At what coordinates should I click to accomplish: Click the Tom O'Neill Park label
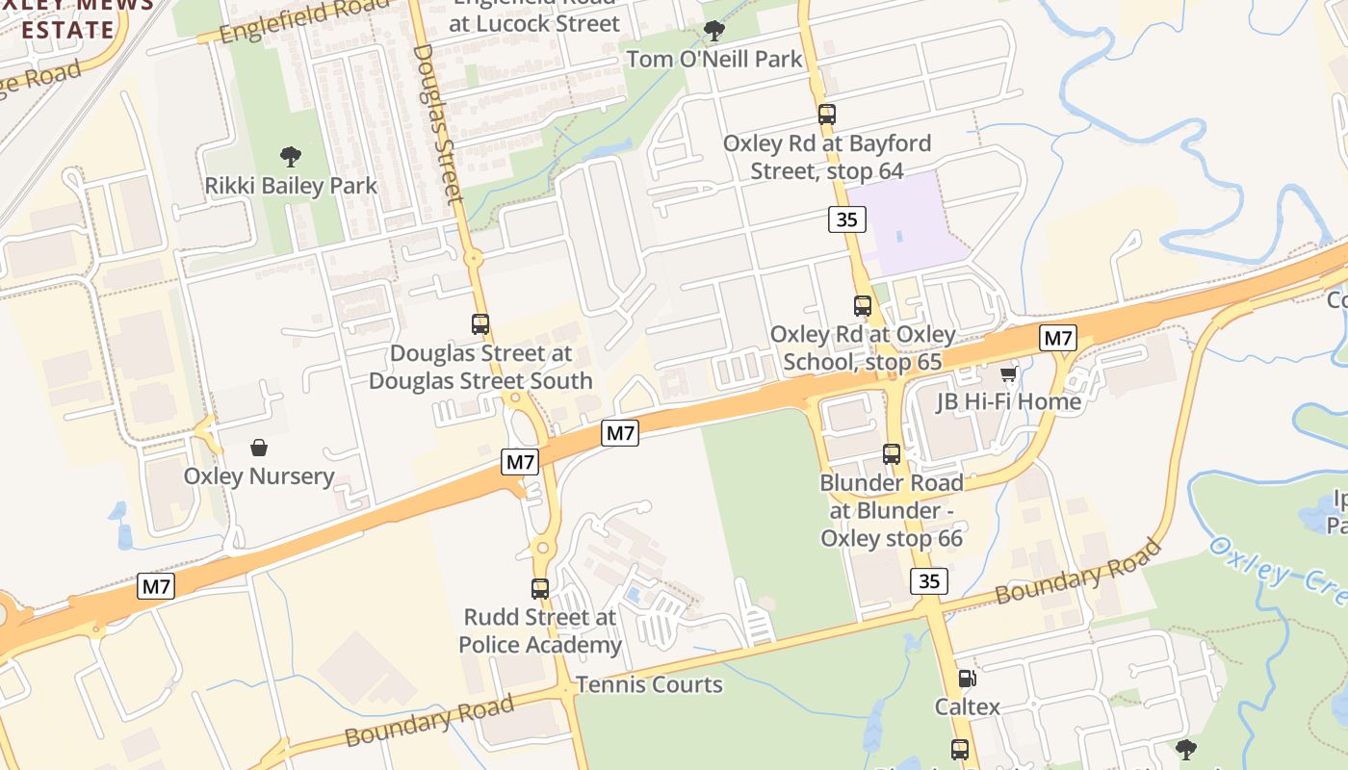[713, 60]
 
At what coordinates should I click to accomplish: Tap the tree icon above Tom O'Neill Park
[713, 31]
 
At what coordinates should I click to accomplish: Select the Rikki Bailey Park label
[291, 185]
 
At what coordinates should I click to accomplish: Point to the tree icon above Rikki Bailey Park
[290, 156]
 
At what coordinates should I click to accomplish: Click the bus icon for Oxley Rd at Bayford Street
[826, 114]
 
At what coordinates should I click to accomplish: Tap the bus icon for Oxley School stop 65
[863, 306]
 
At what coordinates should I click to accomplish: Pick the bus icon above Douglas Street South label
[480, 324]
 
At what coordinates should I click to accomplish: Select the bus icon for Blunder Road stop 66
[892, 453]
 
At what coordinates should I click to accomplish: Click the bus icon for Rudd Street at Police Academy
[540, 588]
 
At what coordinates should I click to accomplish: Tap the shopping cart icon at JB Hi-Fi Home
[1008, 372]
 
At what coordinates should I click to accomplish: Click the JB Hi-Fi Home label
[1009, 401]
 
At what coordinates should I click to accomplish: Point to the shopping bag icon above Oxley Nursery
[258, 447]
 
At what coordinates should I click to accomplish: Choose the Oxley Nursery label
[258, 475]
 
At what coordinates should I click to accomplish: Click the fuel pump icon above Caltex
[968, 679]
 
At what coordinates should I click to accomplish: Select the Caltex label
[968, 707]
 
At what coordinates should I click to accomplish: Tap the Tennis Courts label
[649, 685]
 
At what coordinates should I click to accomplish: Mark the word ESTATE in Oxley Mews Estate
[67, 29]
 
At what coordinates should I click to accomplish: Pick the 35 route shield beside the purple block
[846, 219]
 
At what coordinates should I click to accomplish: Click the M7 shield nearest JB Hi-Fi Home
[1057, 338]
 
